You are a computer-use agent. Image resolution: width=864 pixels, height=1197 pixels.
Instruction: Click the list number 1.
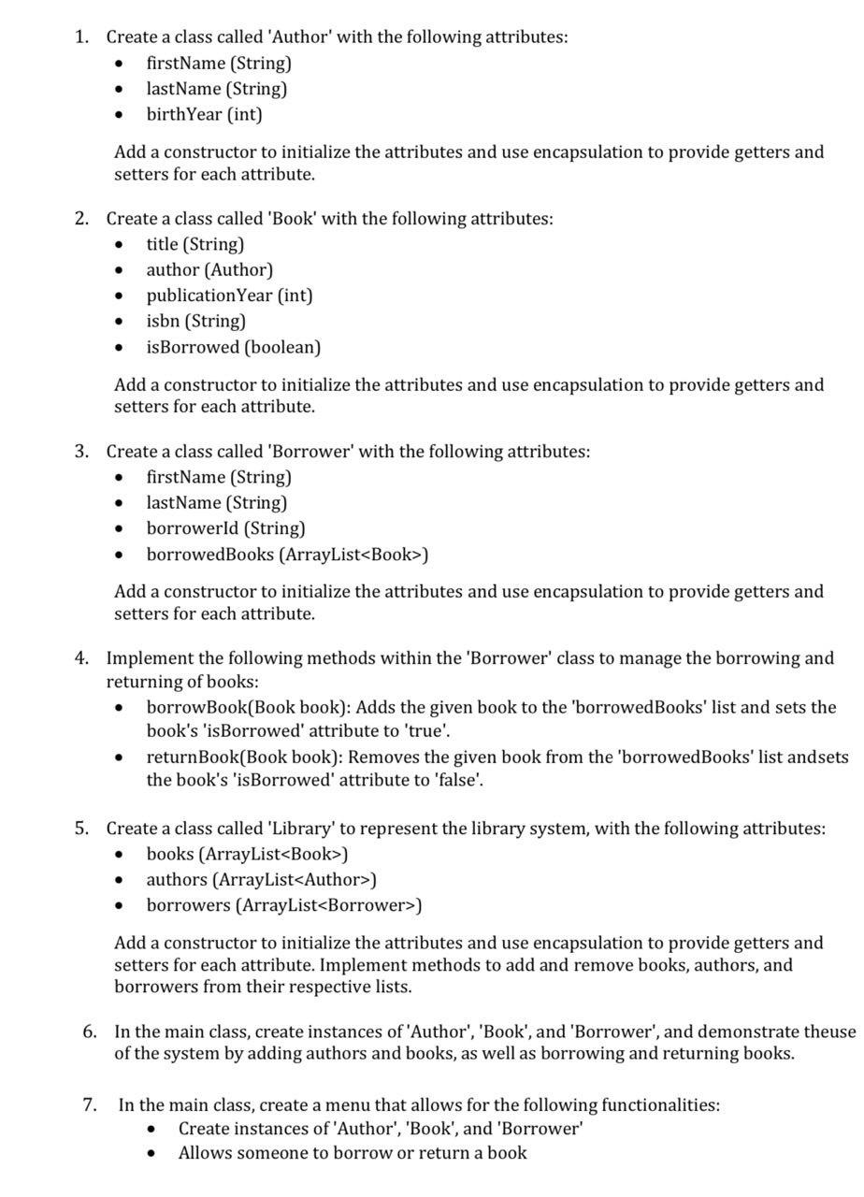(x=81, y=37)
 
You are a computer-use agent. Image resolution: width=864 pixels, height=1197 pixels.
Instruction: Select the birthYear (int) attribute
(x=204, y=114)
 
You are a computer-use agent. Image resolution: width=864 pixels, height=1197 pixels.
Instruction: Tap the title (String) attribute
(x=194, y=244)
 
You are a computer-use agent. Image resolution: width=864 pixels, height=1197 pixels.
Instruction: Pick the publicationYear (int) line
(x=229, y=296)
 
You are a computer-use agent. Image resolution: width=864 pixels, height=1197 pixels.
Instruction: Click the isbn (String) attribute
(x=195, y=321)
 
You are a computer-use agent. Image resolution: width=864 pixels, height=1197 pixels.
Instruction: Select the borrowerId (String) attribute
(x=225, y=528)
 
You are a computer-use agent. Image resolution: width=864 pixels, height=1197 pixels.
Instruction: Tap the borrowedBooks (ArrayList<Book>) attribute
(x=287, y=555)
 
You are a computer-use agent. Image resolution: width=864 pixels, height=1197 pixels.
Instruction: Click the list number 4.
(x=81, y=658)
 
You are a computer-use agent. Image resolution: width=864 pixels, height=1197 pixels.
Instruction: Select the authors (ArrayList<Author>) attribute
(x=261, y=880)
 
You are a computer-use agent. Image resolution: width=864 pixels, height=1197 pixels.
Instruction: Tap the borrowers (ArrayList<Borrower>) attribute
(x=283, y=905)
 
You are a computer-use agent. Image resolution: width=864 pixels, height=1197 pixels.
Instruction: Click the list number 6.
(x=90, y=1031)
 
